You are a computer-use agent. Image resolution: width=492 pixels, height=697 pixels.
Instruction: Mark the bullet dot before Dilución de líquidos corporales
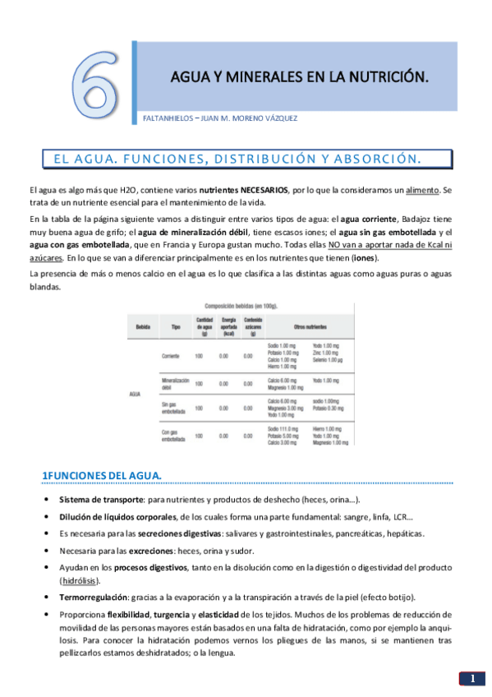click(44, 517)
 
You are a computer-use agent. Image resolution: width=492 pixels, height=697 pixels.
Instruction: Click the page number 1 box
click(472, 680)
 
